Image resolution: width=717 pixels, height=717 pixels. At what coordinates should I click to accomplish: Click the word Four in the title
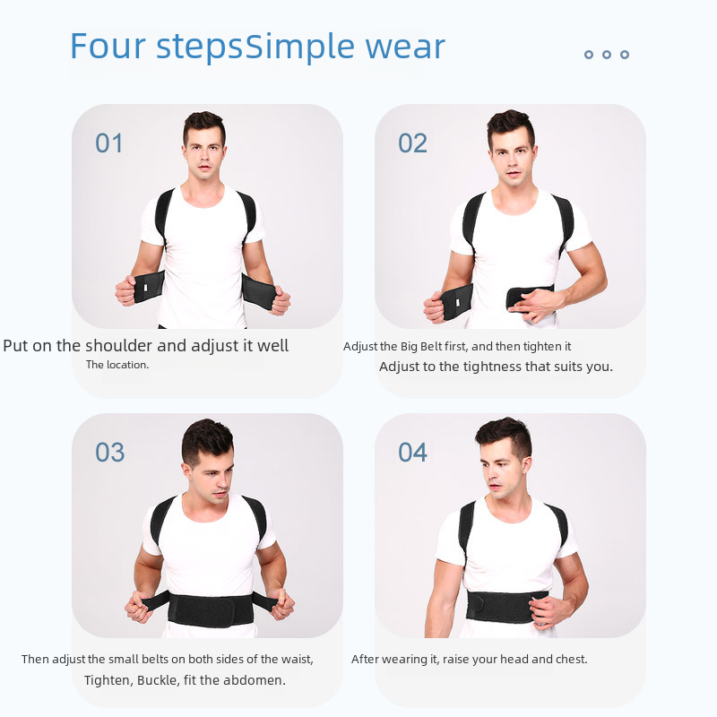[x=108, y=46]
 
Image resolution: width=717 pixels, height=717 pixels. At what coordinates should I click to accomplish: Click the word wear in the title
[x=405, y=48]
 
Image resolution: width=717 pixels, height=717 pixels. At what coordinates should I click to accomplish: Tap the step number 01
[x=108, y=143]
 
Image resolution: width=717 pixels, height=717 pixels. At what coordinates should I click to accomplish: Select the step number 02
[x=412, y=143]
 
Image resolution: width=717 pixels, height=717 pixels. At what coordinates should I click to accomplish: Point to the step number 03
[x=109, y=453]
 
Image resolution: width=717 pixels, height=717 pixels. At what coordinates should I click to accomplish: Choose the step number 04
[x=412, y=453]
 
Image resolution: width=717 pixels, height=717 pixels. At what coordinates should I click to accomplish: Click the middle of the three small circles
[x=607, y=55]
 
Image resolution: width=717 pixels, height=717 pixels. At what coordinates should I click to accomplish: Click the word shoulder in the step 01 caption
[x=119, y=345]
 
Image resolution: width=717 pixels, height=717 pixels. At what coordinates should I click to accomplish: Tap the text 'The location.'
[x=117, y=365]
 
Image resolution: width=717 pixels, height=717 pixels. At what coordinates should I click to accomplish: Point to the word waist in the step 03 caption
[x=295, y=660]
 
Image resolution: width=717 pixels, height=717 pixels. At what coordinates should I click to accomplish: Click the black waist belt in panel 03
[x=211, y=609]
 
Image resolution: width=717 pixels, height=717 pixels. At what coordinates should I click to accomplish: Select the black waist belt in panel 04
[x=506, y=607]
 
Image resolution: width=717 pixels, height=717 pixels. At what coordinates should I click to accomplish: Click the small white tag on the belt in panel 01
[x=146, y=288]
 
